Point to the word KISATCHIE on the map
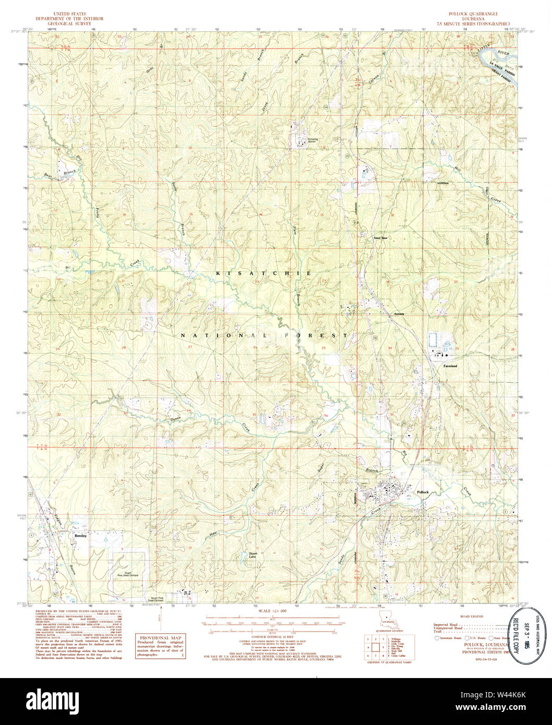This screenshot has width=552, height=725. (x=263, y=273)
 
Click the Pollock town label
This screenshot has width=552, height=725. (x=422, y=492)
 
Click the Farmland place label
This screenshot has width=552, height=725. (x=450, y=366)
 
